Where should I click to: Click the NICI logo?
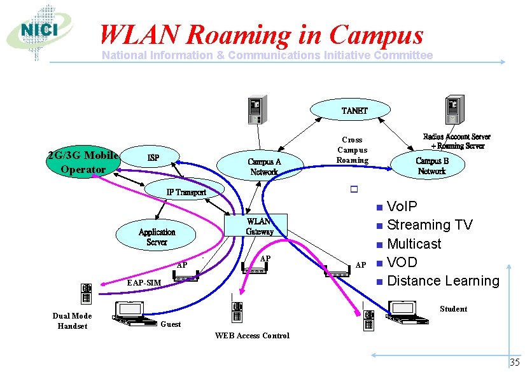pos(39,31)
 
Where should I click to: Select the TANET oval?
pos(354,111)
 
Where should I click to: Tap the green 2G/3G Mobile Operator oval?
pos(83,163)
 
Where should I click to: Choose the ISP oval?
pos(153,158)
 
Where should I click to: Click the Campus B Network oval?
pos(432,166)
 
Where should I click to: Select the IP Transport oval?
pos(186,191)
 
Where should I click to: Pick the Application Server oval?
pos(157,237)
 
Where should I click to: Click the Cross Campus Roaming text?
pos(352,150)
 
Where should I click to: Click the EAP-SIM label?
pos(143,282)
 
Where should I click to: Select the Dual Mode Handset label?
pos(72,320)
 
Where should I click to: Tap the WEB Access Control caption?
pos(252,336)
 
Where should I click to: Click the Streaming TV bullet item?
pos(430,225)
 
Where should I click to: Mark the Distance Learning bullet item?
pos(443,280)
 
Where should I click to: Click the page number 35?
pos(514,362)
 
